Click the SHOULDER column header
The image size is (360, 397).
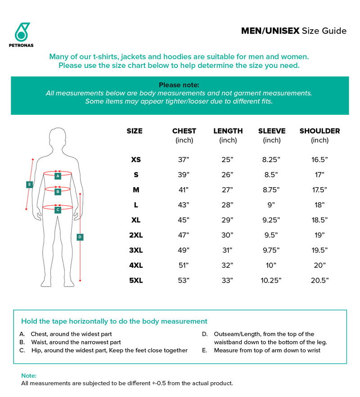[319, 131]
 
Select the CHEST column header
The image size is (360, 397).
[184, 131]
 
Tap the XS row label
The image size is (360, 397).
[135, 160]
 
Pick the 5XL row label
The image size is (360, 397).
[135, 280]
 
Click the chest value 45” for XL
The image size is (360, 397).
[184, 220]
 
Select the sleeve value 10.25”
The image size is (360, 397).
[272, 280]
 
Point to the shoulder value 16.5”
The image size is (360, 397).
[319, 160]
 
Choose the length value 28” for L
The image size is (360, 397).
[228, 205]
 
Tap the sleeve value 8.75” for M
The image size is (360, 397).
[272, 190]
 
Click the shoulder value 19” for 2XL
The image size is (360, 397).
[319, 235]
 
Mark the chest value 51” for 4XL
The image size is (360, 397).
[184, 265]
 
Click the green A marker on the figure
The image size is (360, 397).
[58, 176]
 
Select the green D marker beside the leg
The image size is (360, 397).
[80, 237]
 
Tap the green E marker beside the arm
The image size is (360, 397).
[29, 184]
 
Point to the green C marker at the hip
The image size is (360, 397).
[58, 209]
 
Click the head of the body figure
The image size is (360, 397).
[58, 137]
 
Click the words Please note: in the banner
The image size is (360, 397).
[179, 85]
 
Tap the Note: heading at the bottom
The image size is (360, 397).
[29, 375]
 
